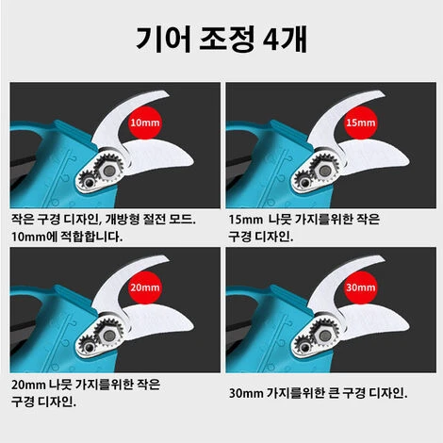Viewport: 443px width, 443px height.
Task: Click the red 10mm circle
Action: tap(145, 123)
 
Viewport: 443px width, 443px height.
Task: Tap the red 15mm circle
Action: tap(361, 123)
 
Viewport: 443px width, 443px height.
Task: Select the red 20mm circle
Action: tap(145, 287)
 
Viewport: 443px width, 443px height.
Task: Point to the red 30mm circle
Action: tap(361, 287)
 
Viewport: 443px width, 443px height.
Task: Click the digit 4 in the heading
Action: tap(271, 40)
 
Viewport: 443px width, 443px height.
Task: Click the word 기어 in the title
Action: tap(163, 40)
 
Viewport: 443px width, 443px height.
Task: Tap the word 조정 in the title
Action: tap(226, 40)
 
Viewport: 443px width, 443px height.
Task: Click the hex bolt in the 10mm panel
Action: tap(110, 171)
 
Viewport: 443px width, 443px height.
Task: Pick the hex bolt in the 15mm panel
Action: tap(325, 171)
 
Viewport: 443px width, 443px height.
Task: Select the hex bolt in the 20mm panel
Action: tap(110, 336)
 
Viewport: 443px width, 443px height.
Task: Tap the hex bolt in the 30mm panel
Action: tap(325, 336)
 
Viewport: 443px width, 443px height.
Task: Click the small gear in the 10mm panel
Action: tap(88, 182)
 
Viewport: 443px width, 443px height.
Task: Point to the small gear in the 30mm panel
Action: tap(304, 347)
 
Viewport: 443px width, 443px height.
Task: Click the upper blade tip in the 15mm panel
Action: tap(384, 93)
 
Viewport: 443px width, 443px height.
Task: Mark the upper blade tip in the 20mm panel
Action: tap(168, 258)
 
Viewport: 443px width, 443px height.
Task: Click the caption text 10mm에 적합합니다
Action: tap(67, 237)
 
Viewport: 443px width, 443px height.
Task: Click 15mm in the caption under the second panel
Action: tap(245, 220)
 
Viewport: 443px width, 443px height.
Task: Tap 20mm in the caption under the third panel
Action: tap(28, 385)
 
